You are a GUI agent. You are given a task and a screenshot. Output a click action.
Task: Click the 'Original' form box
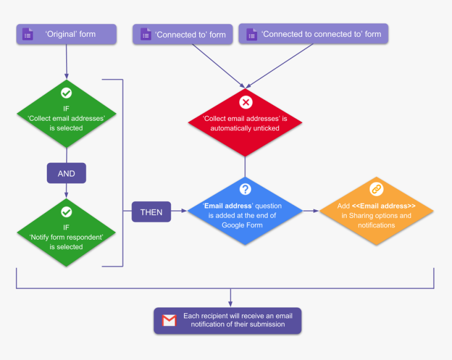click(x=66, y=34)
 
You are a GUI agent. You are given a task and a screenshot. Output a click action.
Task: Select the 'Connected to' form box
click(x=183, y=35)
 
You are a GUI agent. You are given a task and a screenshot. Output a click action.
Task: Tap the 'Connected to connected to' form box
click(x=313, y=34)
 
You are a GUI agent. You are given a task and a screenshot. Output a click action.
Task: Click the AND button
click(x=66, y=173)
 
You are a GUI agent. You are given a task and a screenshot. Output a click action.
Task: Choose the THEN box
click(x=151, y=212)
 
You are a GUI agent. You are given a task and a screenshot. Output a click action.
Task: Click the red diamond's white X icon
click(x=245, y=102)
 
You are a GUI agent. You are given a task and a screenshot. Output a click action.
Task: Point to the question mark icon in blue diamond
click(x=245, y=189)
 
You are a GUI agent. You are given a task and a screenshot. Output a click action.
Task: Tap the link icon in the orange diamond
click(x=376, y=189)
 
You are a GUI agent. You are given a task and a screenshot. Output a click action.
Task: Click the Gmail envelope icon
click(x=169, y=321)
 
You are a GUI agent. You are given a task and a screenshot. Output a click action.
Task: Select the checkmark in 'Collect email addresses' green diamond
click(x=66, y=93)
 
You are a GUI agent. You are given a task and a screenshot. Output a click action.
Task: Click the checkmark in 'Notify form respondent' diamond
click(x=66, y=212)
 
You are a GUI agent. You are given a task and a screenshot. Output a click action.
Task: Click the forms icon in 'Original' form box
click(x=27, y=35)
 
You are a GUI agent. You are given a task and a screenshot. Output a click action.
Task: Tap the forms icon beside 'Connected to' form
click(x=146, y=35)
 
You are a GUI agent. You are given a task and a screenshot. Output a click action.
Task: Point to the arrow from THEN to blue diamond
click(x=180, y=211)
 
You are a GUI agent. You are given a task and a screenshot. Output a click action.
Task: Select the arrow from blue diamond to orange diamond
click(x=311, y=211)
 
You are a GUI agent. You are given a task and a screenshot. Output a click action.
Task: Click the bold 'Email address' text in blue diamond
click(x=228, y=206)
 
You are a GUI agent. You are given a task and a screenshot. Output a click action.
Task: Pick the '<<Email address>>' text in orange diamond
click(x=384, y=206)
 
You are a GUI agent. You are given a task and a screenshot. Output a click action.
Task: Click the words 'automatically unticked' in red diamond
click(x=245, y=128)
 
